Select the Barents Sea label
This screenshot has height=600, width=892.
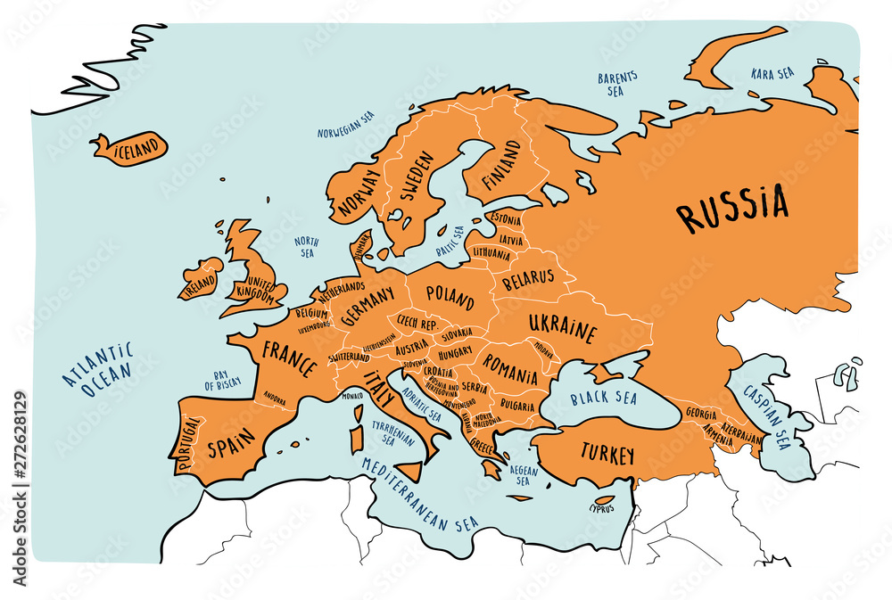tap(616, 84)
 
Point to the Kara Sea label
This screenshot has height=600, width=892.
tap(773, 73)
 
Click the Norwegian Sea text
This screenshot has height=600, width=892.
tap(346, 125)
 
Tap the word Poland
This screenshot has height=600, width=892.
tap(450, 293)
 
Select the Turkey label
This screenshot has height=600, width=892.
tap(607, 454)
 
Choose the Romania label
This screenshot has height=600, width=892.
tap(511, 367)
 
